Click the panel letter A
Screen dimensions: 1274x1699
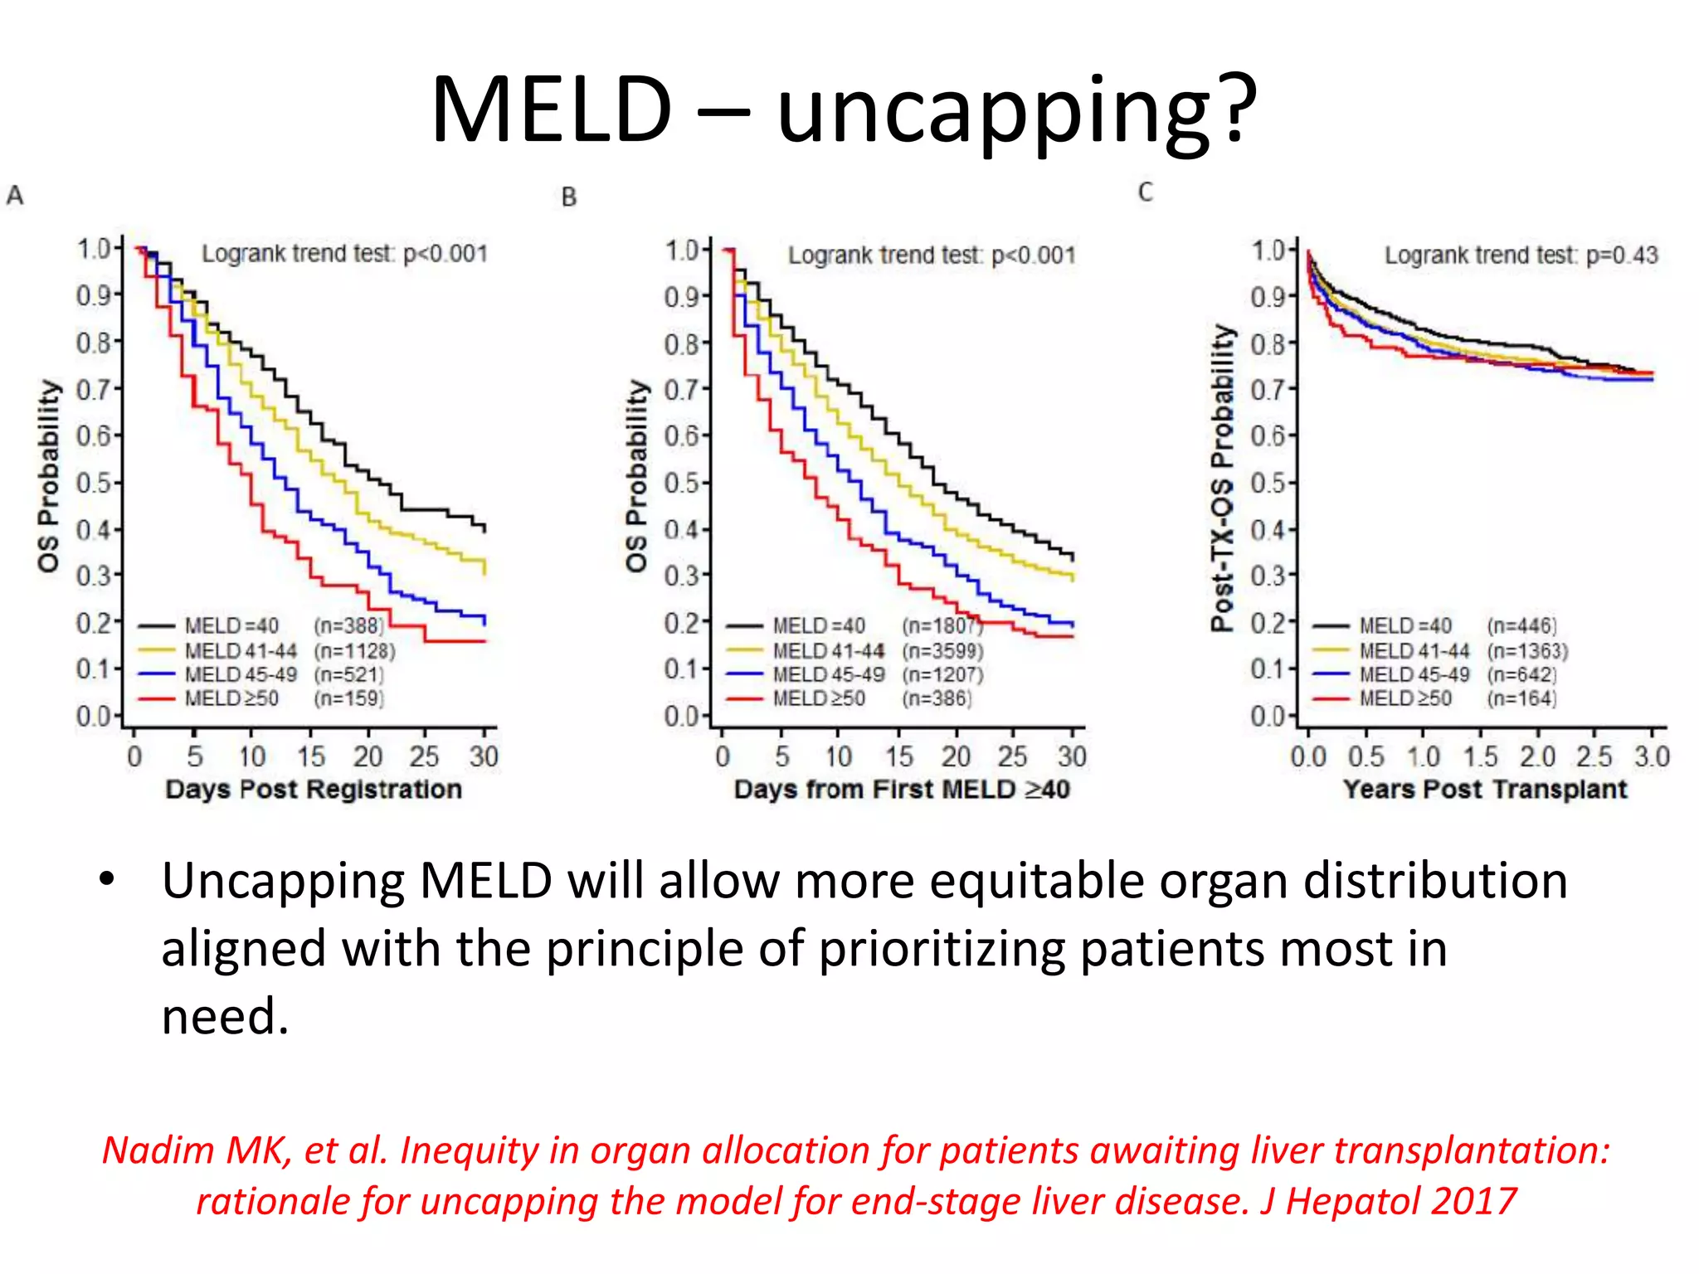point(15,196)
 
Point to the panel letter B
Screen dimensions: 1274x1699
point(568,197)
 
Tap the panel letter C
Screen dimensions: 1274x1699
point(1145,192)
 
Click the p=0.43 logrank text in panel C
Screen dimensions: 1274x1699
point(1622,255)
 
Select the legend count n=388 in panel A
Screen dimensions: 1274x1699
point(349,625)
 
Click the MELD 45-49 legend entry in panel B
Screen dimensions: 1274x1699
point(828,674)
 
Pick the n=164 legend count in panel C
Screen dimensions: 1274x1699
point(1521,698)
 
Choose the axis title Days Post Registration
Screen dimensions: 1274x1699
point(314,789)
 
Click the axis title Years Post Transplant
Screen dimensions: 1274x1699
point(1485,789)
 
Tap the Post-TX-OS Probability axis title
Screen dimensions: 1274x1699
point(1223,478)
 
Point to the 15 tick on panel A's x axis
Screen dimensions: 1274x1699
point(311,756)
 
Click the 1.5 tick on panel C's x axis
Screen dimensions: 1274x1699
point(1480,756)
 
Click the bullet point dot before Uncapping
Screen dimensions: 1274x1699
point(106,881)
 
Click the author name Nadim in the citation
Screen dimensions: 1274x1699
point(158,1150)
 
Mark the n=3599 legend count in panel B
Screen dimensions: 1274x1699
point(943,650)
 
